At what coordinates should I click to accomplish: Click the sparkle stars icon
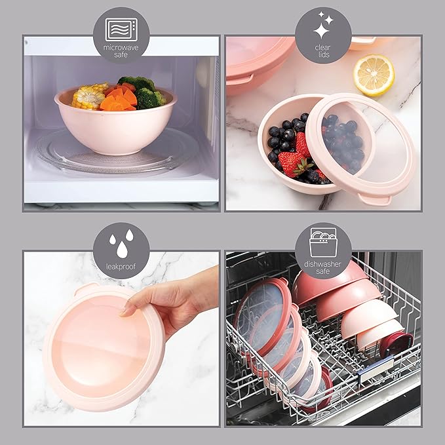pos(323,27)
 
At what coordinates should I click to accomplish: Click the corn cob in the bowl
pos(88,96)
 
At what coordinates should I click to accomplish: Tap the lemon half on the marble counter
pos(374,74)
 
